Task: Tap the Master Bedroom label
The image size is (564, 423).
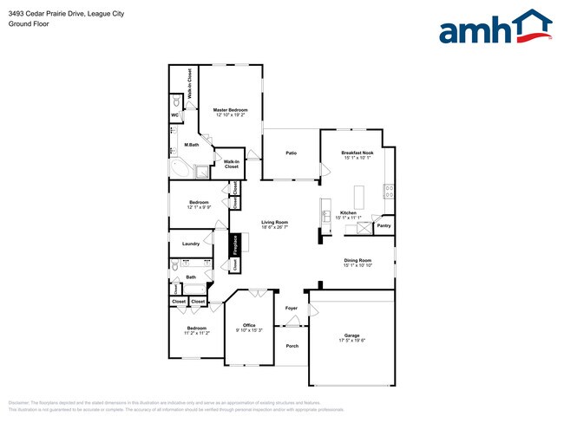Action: (x=231, y=110)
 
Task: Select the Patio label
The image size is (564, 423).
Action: (x=292, y=153)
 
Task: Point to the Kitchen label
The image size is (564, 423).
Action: (x=348, y=212)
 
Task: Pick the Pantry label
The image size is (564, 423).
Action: (x=384, y=226)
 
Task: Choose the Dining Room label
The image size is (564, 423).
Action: (x=357, y=260)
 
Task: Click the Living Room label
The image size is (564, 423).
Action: (x=275, y=223)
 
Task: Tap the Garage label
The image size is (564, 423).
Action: (x=351, y=335)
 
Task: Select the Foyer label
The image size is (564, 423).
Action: (x=292, y=308)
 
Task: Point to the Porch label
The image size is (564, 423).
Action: (x=292, y=346)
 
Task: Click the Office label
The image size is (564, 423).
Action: (x=249, y=325)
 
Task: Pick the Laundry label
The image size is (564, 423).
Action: (x=191, y=244)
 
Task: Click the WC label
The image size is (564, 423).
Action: (x=174, y=114)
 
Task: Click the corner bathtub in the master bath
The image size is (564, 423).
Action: (x=180, y=168)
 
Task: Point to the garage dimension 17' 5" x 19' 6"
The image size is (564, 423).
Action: (x=351, y=340)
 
